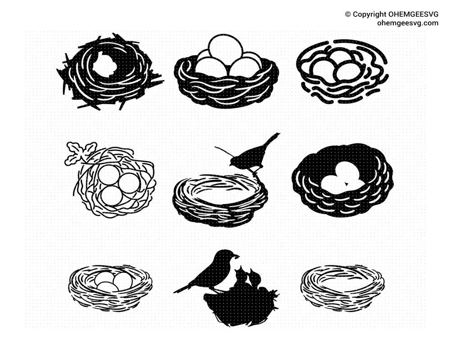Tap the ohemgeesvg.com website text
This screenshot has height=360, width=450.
click(x=407, y=23)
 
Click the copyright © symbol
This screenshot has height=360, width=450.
click(x=348, y=14)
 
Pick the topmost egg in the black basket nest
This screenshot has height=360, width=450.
click(x=225, y=49)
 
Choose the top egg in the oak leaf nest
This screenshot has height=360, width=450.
click(x=109, y=175)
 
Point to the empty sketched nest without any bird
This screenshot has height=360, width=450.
click(x=342, y=287)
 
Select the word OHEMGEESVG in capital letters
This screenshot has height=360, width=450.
click(x=413, y=14)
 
